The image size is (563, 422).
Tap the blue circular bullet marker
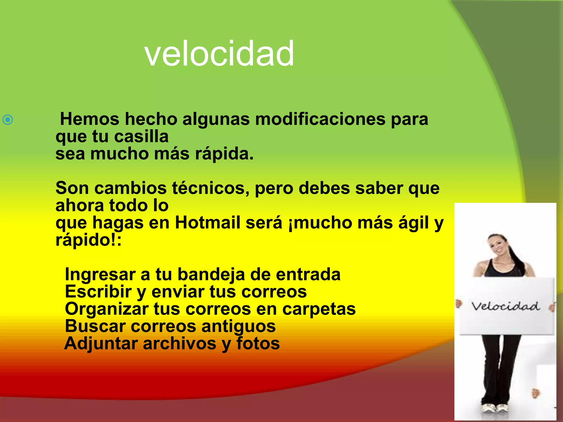tap(8, 120)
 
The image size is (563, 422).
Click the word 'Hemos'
tap(90, 119)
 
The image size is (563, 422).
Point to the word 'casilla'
tap(141, 137)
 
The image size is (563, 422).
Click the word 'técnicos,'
tap(211, 188)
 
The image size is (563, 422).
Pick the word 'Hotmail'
tap(208, 223)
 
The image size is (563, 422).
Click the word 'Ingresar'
tap(100, 274)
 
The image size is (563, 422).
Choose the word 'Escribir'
tap(98, 291)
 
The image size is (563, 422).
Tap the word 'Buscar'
tap(95, 326)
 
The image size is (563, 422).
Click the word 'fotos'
tap(258, 343)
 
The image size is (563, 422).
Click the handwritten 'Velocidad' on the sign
tap(505, 306)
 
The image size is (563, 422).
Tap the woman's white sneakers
tap(498, 408)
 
